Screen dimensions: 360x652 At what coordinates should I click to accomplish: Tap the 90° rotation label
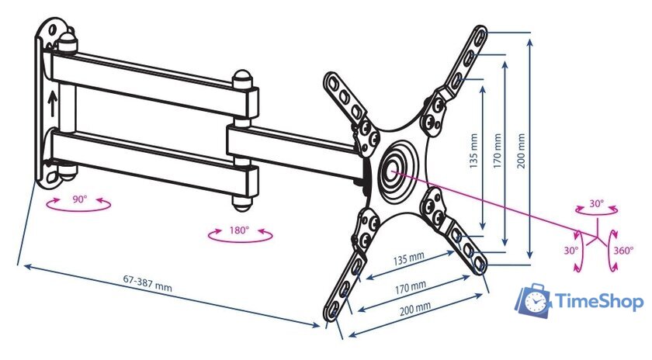[x=79, y=199]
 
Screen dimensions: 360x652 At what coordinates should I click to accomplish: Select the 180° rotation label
[x=239, y=230]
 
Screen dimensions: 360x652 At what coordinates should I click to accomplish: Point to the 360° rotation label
[x=624, y=251]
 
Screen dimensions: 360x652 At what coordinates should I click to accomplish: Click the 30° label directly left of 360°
[x=570, y=251]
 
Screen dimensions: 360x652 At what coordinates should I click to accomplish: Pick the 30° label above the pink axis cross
[x=596, y=203]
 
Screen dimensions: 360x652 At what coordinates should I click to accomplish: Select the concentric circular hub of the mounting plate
[x=397, y=168]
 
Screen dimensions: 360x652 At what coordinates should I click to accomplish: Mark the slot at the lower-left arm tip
[x=334, y=308]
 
